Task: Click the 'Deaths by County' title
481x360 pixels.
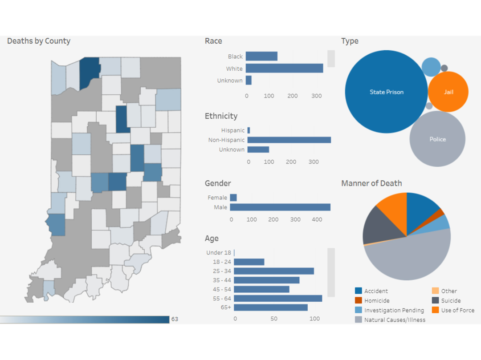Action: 39,41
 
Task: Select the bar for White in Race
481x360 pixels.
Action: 284,68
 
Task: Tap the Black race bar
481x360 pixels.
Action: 261,56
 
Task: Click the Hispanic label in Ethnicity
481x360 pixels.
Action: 233,130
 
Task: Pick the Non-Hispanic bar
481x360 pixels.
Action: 289,140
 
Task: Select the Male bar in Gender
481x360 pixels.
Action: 280,207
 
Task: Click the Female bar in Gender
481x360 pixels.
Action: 233,198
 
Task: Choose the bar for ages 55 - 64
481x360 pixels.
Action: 278,298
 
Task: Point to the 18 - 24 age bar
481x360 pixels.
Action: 249,262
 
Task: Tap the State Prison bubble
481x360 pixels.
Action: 386,92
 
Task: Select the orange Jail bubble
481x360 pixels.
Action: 448,92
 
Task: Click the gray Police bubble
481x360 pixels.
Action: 437,139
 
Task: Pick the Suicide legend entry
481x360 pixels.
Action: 451,301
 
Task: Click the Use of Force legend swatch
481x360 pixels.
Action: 435,310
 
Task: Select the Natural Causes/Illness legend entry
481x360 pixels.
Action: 395,320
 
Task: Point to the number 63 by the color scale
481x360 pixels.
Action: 175,319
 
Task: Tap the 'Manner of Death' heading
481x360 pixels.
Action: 371,183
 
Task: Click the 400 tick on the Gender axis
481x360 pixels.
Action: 317,219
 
